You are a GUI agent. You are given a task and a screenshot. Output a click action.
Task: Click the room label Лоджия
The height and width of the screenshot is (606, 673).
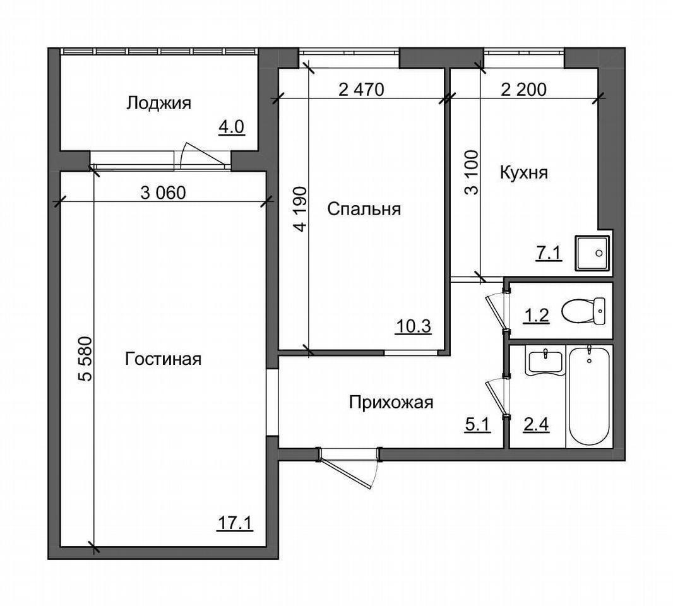[158, 104]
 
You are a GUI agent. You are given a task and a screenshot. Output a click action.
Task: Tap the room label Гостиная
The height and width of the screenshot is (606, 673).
[163, 359]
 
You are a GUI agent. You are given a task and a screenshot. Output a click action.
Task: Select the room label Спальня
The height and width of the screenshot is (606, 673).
[364, 210]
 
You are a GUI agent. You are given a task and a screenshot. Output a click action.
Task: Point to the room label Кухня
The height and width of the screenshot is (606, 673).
[523, 173]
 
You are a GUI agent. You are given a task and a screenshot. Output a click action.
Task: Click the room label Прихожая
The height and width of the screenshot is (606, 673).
[391, 403]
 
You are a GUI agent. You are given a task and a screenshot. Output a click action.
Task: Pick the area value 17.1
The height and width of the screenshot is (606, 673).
[235, 523]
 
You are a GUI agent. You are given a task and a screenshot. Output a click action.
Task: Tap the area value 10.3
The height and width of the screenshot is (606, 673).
[414, 326]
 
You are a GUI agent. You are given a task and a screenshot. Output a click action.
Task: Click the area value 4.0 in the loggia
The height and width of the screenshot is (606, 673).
[231, 128]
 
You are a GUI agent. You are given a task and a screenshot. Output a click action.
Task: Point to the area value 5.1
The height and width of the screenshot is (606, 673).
[477, 425]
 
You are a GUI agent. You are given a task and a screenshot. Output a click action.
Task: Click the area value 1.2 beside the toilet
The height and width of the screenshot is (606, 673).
[536, 316]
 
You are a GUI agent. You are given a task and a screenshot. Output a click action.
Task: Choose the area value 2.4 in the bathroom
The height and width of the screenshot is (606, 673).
[536, 425]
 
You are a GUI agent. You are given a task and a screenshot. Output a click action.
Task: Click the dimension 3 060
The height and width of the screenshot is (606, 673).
[163, 193]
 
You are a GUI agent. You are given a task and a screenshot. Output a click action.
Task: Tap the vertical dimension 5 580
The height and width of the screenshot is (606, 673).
[85, 359]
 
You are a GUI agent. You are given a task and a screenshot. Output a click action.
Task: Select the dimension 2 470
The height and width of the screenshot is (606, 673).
[361, 90]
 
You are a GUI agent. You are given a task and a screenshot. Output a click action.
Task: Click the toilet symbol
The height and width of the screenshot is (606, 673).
[583, 311]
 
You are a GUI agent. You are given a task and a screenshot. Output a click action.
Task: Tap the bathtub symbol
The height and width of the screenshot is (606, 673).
[589, 396]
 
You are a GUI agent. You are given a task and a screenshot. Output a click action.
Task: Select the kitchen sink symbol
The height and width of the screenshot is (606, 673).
[592, 253]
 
